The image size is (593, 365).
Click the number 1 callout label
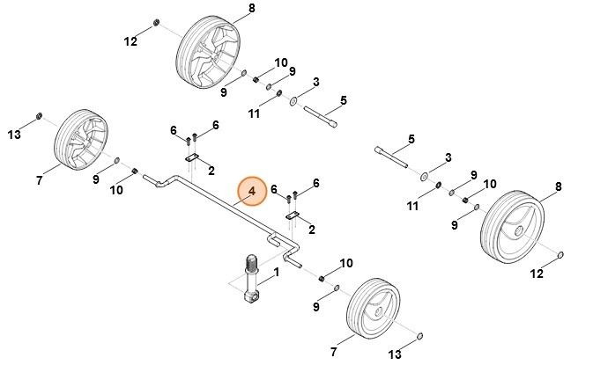276,274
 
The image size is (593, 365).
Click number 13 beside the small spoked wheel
13,134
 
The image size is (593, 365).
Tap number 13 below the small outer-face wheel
394,354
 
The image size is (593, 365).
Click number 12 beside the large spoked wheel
130,41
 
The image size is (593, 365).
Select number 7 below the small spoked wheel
40,180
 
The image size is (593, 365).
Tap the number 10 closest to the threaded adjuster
346,263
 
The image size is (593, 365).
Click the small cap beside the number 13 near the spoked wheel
40,116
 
